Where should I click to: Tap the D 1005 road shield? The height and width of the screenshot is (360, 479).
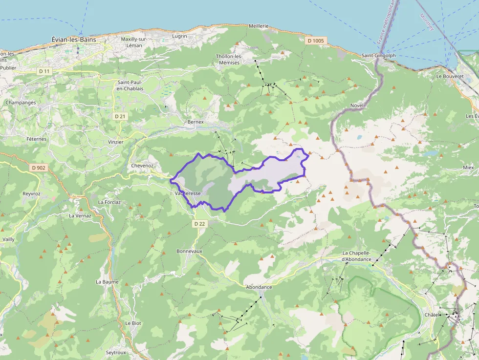point(316,41)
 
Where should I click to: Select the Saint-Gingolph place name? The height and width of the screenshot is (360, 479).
point(379,56)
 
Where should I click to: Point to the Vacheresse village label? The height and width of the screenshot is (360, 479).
point(188,193)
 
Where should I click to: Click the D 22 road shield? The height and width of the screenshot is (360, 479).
point(199,224)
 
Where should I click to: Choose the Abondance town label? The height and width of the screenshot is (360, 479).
point(259,287)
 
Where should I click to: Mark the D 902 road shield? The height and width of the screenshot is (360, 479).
point(38,168)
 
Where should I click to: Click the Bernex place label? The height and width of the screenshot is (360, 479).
point(196,122)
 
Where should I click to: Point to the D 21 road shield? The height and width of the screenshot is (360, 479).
point(120,116)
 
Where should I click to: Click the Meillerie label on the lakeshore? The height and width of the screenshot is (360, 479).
point(259,26)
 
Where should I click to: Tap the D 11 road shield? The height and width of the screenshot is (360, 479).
point(44,71)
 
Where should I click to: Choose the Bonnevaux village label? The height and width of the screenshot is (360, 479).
point(189,251)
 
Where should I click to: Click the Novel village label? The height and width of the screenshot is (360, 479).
point(357,106)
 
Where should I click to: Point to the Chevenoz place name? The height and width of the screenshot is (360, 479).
point(143,166)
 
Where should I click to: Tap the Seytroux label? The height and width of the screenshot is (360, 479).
point(116,352)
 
